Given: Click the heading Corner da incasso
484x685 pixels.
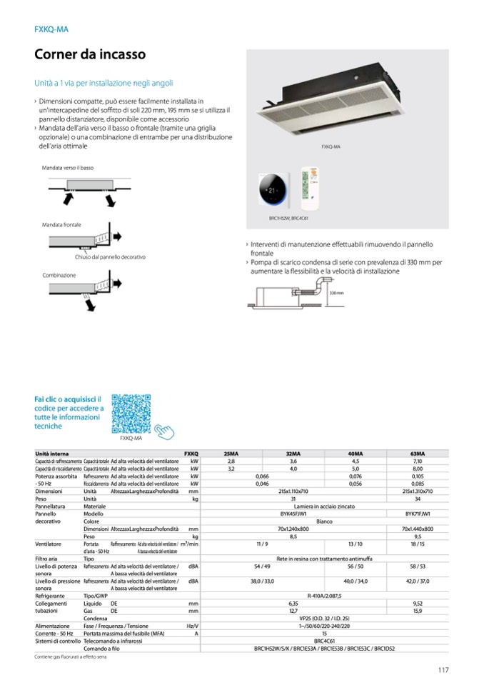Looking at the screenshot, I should [x=90, y=54].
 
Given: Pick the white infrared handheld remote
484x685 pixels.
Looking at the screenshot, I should [x=309, y=189].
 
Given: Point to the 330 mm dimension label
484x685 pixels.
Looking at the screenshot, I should [x=337, y=293].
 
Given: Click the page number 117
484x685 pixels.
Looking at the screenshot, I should [x=443, y=669].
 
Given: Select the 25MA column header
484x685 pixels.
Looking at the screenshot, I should [x=231, y=454].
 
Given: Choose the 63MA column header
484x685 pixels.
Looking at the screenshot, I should [x=418, y=454].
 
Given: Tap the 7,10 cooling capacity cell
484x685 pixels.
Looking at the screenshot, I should [x=418, y=461].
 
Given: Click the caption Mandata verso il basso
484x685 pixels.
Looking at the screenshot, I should [x=68, y=168].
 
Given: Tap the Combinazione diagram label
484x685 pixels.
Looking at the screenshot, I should [x=59, y=275].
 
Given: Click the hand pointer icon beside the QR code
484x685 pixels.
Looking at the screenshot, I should [x=166, y=431].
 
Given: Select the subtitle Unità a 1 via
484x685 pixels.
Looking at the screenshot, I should [x=99, y=83].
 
